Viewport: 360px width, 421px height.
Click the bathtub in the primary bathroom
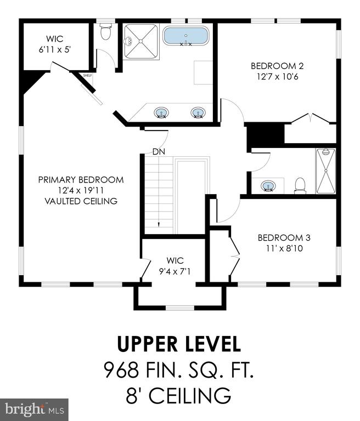pyautogui.click(x=185, y=36)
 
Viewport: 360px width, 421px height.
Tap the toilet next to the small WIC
pyautogui.click(x=105, y=31)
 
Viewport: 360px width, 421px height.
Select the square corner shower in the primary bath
pyautogui.click(x=140, y=41)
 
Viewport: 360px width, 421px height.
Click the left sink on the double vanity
pyautogui.click(x=161, y=112)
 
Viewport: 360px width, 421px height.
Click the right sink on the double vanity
pyautogui.click(x=198, y=112)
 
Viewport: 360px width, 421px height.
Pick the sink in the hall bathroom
pyautogui.click(x=268, y=186)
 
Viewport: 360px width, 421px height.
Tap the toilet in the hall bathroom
pyautogui.click(x=300, y=185)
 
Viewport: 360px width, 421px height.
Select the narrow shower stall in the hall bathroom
pyautogui.click(x=326, y=171)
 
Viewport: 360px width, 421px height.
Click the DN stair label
pyautogui.click(x=159, y=152)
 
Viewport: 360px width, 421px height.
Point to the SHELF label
pyautogui.click(x=87, y=76)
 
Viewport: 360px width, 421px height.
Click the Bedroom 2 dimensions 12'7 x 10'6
pyautogui.click(x=278, y=77)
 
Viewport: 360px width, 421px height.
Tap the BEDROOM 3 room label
pyautogui.click(x=284, y=237)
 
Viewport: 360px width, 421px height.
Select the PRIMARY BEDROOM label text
pyautogui.click(x=81, y=180)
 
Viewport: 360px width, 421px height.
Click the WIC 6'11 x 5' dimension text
pyautogui.click(x=54, y=50)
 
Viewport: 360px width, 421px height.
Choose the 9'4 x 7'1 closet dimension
pyautogui.click(x=175, y=272)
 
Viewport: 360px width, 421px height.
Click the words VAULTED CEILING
pyautogui.click(x=81, y=201)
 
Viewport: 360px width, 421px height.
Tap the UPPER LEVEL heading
pyautogui.click(x=179, y=344)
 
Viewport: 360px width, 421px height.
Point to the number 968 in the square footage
pyautogui.click(x=121, y=369)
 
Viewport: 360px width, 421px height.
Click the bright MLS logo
pyautogui.click(x=35, y=409)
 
